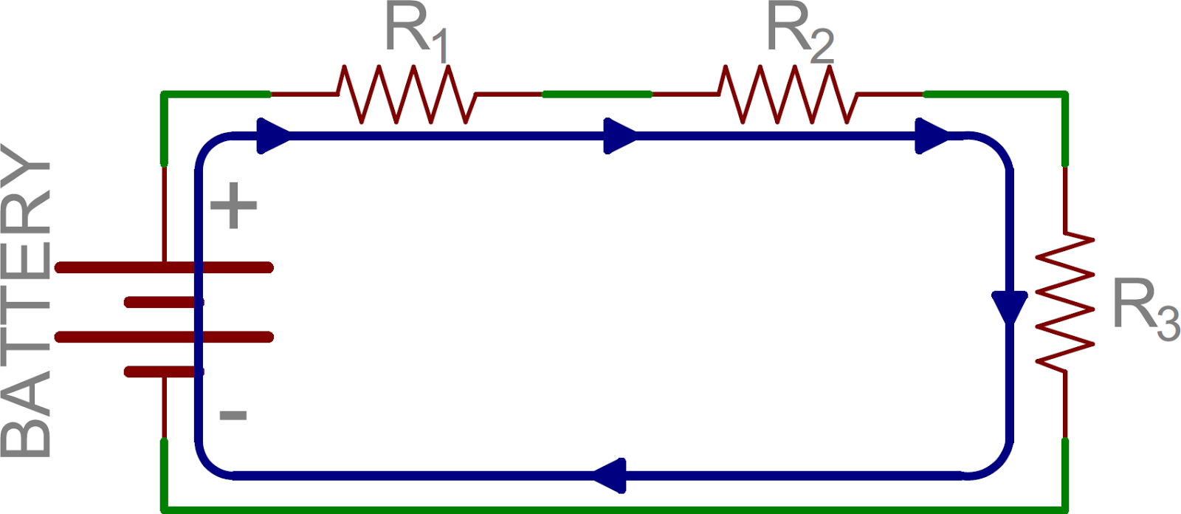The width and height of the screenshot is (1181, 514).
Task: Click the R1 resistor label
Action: point(416,33)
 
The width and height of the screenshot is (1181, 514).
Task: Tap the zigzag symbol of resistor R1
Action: point(405,95)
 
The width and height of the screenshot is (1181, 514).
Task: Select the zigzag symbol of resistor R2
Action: point(787,95)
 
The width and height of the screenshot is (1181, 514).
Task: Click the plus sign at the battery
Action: point(234,205)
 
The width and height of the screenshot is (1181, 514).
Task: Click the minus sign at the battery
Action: point(233,415)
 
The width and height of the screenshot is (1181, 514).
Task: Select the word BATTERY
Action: point(27,299)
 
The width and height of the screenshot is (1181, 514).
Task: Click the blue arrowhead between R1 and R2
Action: point(619,136)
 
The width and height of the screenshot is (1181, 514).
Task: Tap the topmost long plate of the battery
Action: point(164,267)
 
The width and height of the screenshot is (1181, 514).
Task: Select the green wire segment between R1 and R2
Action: point(596,95)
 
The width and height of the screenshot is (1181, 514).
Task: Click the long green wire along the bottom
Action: point(613,509)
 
